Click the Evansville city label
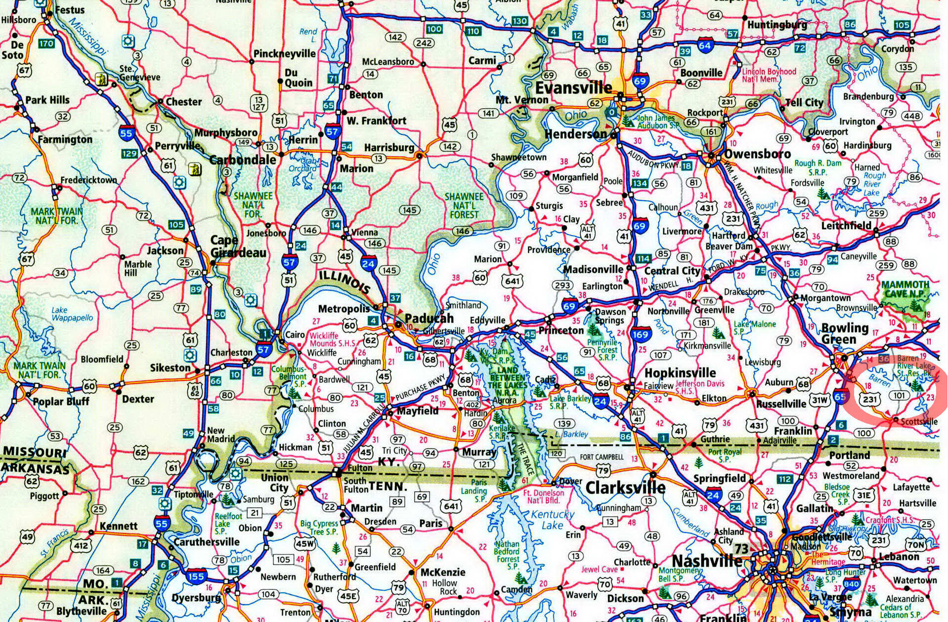point(574,88)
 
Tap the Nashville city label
point(707,561)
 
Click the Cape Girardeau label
point(238,247)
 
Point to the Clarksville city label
point(625,488)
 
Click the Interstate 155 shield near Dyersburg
point(196,576)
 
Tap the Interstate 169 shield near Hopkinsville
point(640,334)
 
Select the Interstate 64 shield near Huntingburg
point(704,45)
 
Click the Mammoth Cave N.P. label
point(905,289)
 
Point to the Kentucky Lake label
point(553,520)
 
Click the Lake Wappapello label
point(72,314)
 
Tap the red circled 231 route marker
point(869,399)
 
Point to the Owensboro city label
point(757,154)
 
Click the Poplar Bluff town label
point(61,401)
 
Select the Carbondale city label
point(242,160)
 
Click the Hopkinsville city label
point(680,373)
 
